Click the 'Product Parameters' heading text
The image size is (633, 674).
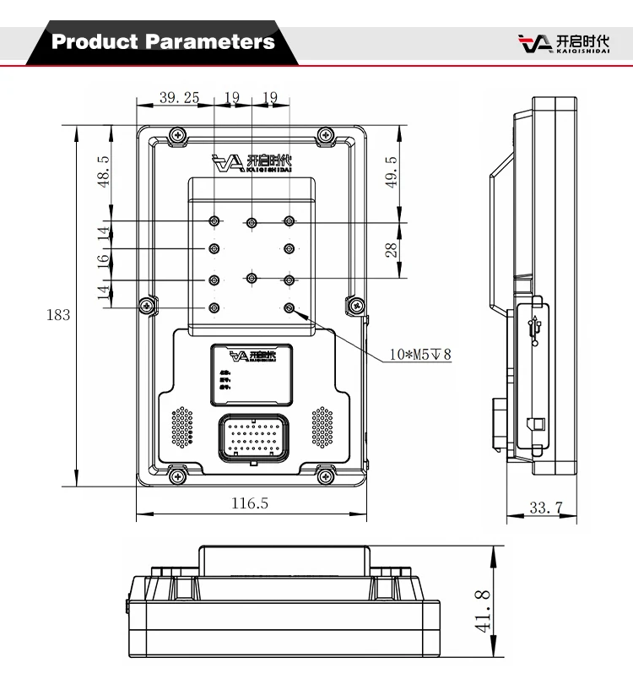click(x=163, y=41)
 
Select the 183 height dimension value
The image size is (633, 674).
click(x=57, y=315)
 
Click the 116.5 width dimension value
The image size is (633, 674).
click(x=250, y=503)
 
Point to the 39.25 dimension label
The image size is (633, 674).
click(x=179, y=97)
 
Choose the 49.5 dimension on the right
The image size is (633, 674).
click(x=390, y=173)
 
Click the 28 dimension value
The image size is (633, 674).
click(x=391, y=250)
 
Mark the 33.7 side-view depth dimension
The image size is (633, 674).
click(x=545, y=508)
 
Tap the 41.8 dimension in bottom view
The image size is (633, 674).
click(x=482, y=611)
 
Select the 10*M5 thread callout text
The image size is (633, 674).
click(x=419, y=355)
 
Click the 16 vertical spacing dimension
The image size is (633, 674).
click(x=104, y=264)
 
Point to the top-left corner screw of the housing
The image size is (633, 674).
click(x=176, y=134)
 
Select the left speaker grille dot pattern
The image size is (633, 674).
click(x=182, y=427)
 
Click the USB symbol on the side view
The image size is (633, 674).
click(x=534, y=330)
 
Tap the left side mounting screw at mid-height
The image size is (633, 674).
click(x=149, y=304)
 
